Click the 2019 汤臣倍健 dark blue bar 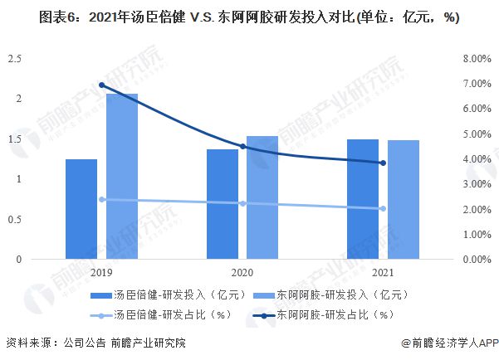[81, 209]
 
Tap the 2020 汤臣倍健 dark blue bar [223, 204]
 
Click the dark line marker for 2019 [101, 85]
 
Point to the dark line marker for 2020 [242, 147]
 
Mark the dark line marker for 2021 [383, 163]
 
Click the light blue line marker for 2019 [101, 199]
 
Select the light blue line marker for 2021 [383, 209]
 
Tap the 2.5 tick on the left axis [15, 59]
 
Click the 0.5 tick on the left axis [15, 219]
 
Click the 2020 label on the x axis [242, 272]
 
